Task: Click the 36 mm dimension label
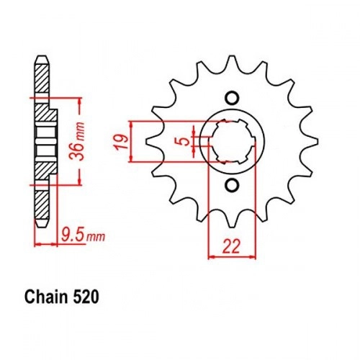76,141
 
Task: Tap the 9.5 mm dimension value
83,235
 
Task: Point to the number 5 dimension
184,141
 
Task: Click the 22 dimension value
231,246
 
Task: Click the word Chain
45,297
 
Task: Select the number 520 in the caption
85,297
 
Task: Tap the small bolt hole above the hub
232,98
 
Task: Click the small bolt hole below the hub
232,185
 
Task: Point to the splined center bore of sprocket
232,141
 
